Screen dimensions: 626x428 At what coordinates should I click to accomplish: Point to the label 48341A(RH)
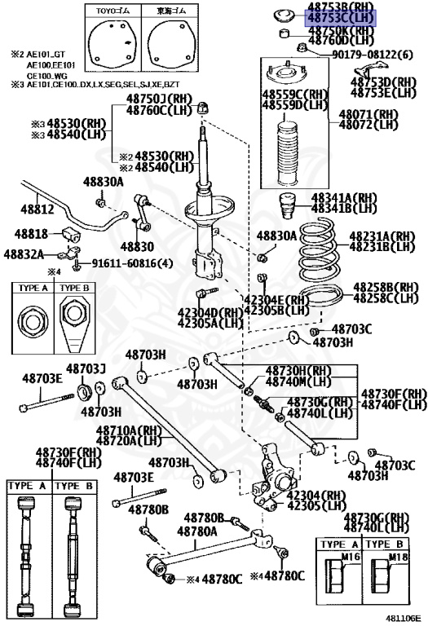(x=367, y=198)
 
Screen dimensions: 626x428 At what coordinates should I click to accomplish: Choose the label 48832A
(x=24, y=253)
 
